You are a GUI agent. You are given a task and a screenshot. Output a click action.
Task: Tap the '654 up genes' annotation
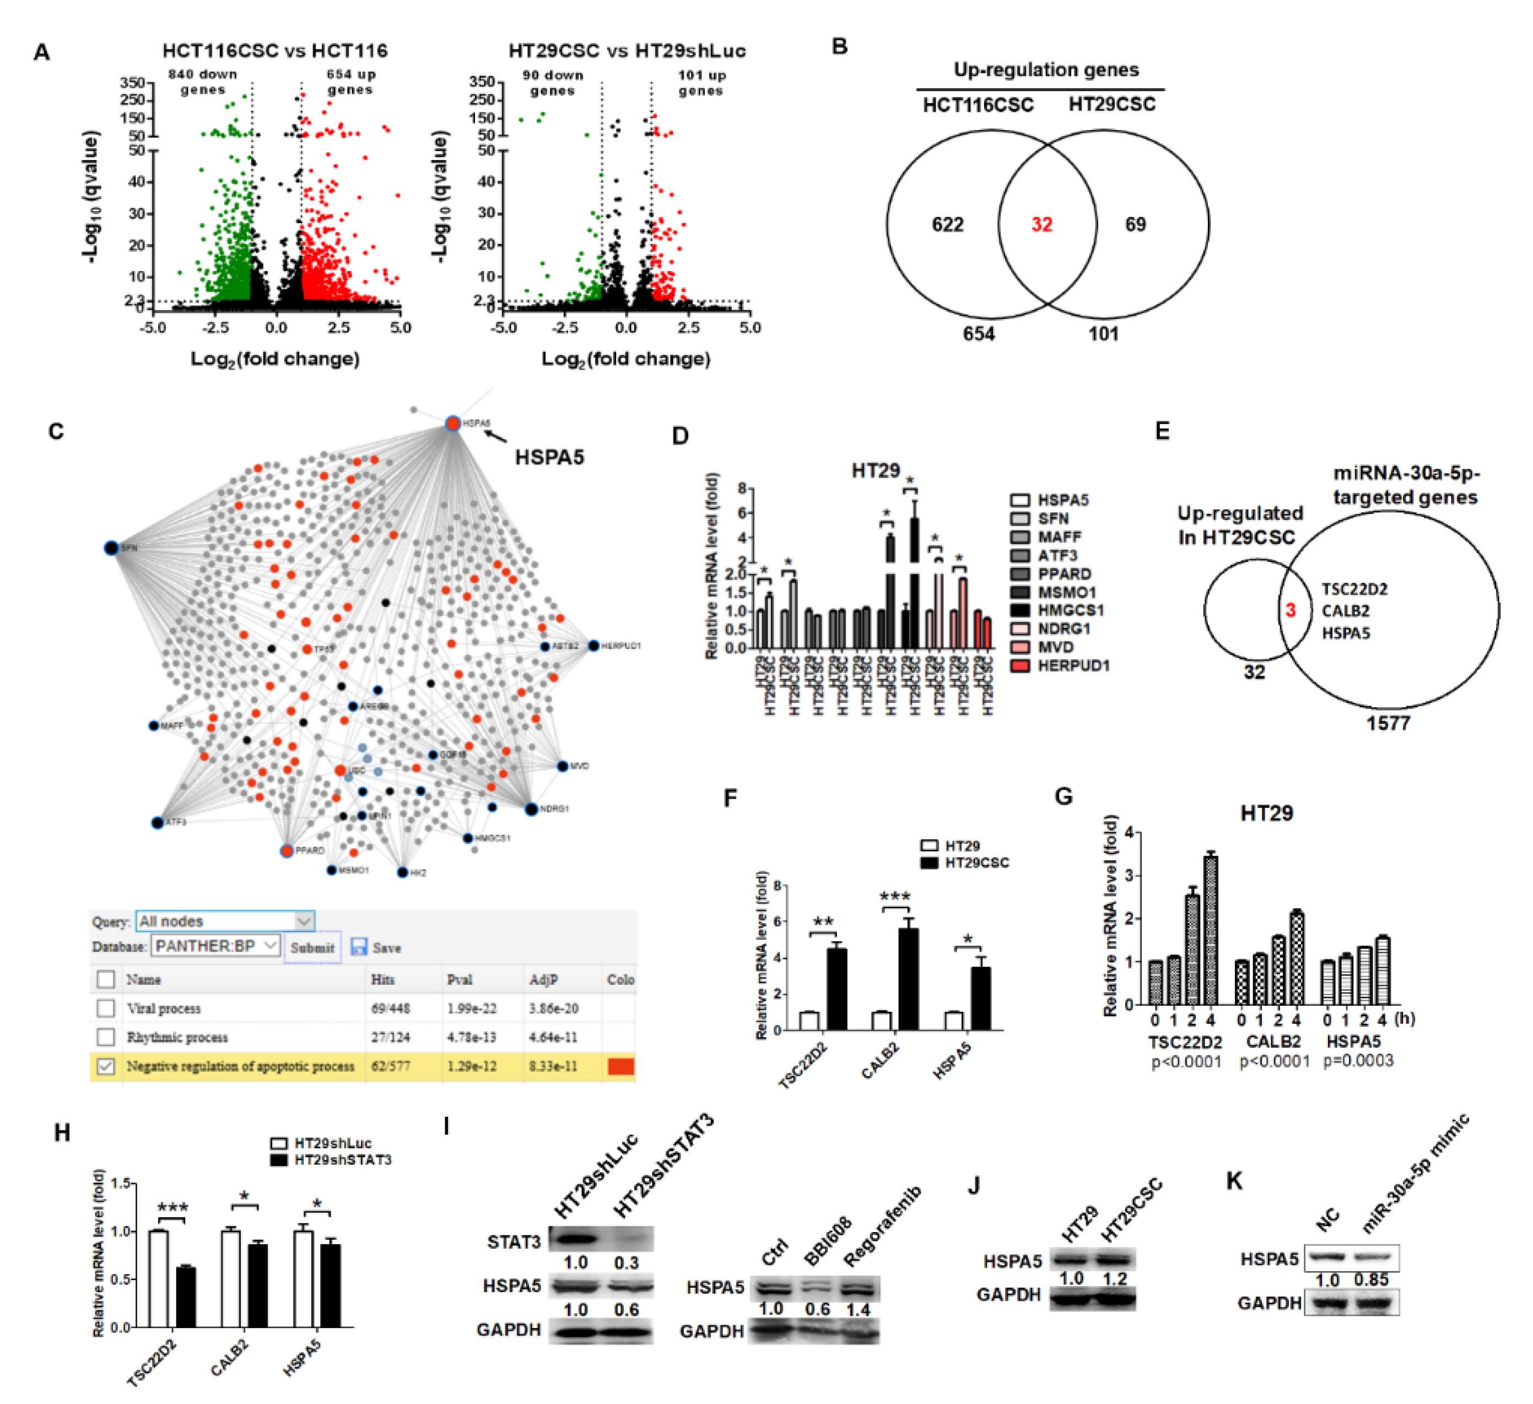click(x=350, y=82)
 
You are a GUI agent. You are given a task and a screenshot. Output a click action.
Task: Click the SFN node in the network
click(x=112, y=547)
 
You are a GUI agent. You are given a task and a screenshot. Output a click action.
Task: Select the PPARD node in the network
click(x=287, y=850)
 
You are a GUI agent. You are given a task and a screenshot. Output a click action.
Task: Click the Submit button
click(x=312, y=948)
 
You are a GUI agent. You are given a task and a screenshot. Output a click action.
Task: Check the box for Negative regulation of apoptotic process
click(x=106, y=1066)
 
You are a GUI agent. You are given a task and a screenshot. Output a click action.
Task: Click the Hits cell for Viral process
click(x=390, y=1009)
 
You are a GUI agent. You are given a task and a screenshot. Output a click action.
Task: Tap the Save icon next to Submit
click(x=359, y=947)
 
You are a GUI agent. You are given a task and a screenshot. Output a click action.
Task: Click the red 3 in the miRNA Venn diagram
click(x=1291, y=610)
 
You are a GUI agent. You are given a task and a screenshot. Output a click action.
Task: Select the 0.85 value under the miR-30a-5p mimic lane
click(x=1371, y=1280)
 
